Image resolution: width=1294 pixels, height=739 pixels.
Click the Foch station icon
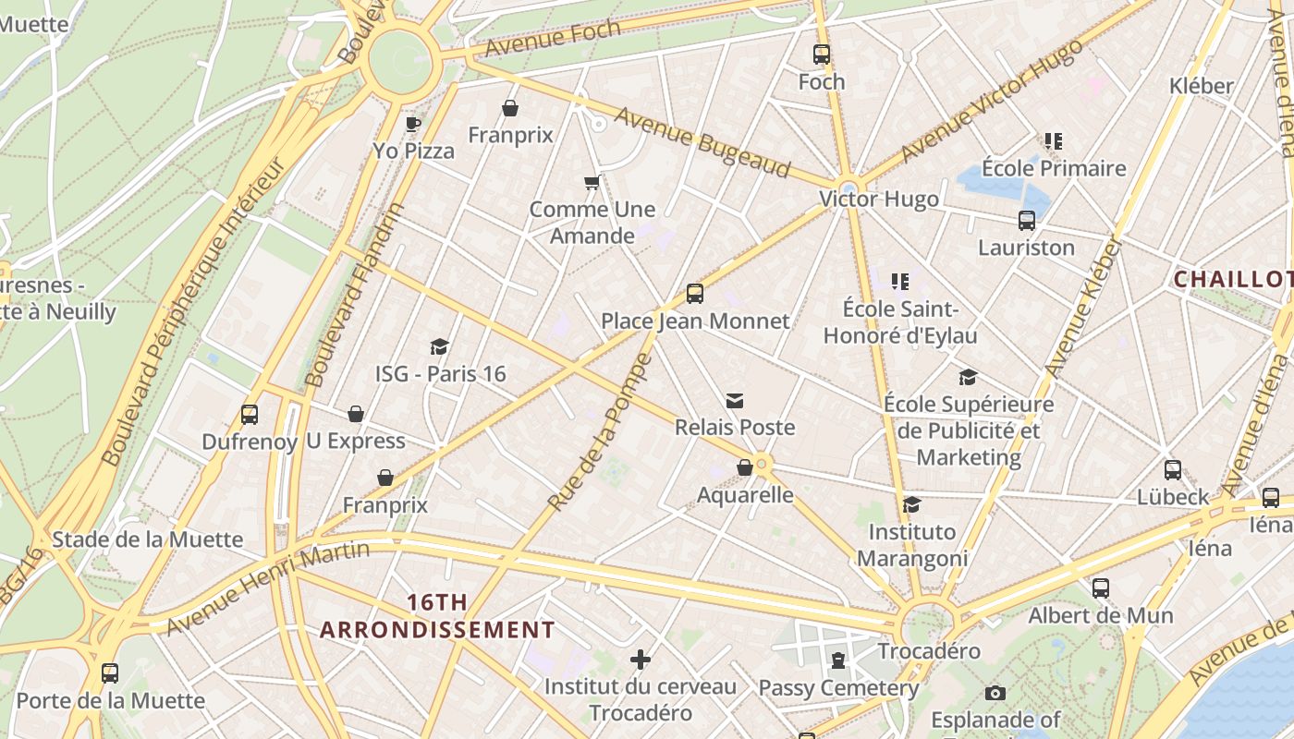click(x=822, y=55)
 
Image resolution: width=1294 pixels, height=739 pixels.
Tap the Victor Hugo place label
click(x=878, y=199)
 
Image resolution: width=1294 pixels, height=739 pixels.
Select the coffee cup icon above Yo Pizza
click(x=413, y=124)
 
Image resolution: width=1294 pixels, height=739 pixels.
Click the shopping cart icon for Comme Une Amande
click(x=592, y=182)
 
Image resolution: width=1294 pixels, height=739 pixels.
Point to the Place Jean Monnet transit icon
click(x=695, y=294)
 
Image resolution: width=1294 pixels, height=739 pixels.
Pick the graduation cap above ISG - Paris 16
click(x=439, y=346)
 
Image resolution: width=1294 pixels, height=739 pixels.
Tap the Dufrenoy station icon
click(x=249, y=415)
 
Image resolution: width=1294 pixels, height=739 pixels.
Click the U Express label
click(x=356, y=441)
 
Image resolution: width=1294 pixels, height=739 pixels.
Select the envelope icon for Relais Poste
click(x=735, y=400)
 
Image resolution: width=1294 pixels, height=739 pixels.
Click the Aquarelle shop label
click(x=745, y=494)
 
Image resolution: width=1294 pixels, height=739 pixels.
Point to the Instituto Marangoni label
click(x=912, y=545)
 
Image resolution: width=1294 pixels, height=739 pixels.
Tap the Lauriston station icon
click(x=1026, y=221)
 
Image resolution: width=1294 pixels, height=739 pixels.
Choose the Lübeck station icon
click(x=1172, y=469)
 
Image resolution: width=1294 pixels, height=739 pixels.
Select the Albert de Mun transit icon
click(x=1100, y=588)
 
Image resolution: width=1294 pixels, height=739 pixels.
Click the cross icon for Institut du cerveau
click(x=640, y=660)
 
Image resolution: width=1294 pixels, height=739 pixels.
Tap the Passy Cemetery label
click(x=838, y=688)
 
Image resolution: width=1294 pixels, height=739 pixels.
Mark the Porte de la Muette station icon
click(x=110, y=673)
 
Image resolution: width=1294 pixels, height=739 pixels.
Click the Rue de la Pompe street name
click(x=601, y=432)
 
